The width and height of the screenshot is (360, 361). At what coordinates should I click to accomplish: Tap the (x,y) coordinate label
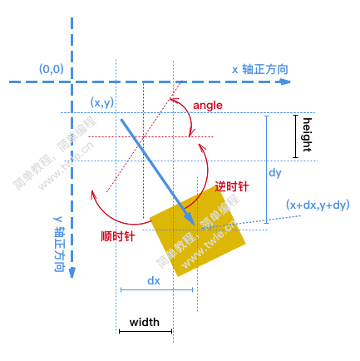[102, 102]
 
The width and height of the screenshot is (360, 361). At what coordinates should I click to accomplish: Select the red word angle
[208, 106]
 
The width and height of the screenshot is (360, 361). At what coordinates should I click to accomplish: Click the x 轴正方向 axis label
[260, 69]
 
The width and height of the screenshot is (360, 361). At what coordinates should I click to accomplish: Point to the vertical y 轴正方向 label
[59, 244]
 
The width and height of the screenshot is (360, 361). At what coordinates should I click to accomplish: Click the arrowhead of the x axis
[284, 82]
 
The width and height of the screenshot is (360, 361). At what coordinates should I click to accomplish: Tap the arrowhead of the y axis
[72, 272]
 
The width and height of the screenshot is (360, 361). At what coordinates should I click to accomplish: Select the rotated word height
[307, 135]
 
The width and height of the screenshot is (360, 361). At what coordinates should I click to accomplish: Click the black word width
[145, 322]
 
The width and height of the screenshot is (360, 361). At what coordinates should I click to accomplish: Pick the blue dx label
[154, 280]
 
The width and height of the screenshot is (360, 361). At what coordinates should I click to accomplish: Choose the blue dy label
[275, 173]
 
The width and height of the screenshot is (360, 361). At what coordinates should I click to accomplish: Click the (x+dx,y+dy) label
[318, 205]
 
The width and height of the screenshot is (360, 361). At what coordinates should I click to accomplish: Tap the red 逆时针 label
[232, 186]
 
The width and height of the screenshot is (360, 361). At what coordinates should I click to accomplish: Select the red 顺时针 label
[118, 236]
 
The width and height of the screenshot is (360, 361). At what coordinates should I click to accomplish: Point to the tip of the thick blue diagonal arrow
[194, 224]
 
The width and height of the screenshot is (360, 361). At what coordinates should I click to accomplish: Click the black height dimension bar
[296, 136]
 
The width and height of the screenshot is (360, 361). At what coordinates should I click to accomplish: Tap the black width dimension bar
[145, 331]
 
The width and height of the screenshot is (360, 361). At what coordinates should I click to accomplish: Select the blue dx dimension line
[156, 290]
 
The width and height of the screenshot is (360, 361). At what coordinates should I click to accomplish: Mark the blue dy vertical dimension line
[267, 170]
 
